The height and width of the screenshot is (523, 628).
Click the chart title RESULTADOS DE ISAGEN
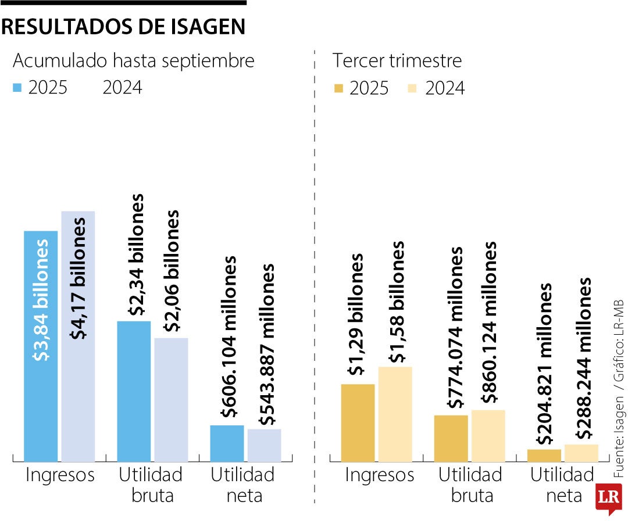pos(123,27)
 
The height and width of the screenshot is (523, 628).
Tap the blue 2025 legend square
pos(17,88)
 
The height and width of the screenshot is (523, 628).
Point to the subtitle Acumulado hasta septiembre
pos(133,60)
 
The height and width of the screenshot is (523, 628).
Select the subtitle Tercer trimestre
pos(397,60)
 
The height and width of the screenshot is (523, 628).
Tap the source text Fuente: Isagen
pos(619,429)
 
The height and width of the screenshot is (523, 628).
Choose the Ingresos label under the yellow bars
pos(380,475)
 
